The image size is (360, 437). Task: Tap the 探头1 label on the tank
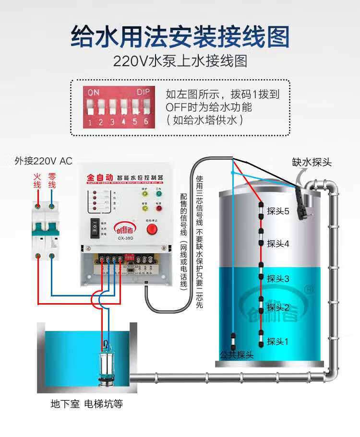tap(278, 342)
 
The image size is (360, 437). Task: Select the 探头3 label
tap(278, 278)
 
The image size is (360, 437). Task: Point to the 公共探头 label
tap(236, 355)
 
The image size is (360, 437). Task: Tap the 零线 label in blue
tap(52, 181)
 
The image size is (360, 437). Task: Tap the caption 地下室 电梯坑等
tap(87, 404)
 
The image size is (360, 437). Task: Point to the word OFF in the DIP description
tap(177, 107)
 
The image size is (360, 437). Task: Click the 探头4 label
tap(278, 244)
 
